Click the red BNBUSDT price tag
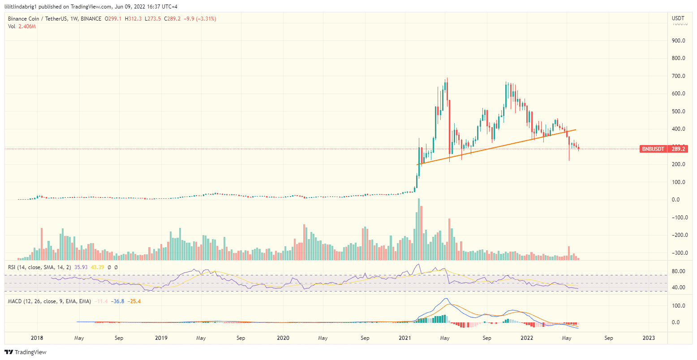tap(653, 149)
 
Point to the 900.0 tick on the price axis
tap(679, 41)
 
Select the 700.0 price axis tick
tap(679, 76)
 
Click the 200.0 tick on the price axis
tap(679, 164)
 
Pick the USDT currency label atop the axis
tap(678, 18)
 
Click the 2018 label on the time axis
tap(37, 338)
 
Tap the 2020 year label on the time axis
tap(283, 338)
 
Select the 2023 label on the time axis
tap(649, 338)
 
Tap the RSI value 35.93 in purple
tap(81, 267)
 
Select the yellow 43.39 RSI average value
tap(98, 267)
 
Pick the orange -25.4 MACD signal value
tap(134, 301)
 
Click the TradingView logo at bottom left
tap(26, 352)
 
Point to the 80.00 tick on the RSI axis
tap(679, 271)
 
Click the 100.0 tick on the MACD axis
tap(679, 306)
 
